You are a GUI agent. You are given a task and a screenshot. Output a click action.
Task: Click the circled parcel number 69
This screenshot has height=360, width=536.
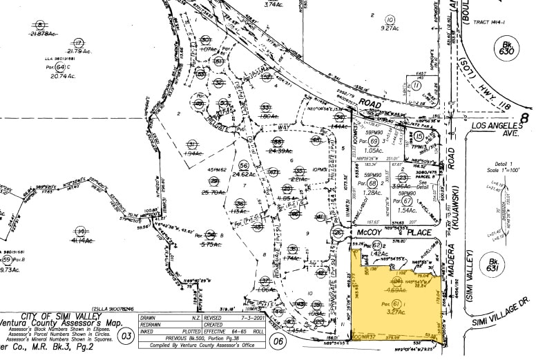click(x=375, y=141)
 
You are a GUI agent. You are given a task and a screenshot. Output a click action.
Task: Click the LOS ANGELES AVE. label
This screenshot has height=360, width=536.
click(x=494, y=131)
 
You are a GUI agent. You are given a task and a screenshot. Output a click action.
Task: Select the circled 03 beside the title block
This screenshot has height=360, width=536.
click(x=126, y=337)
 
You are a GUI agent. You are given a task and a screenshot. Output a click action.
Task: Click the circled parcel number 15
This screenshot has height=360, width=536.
click(x=419, y=137)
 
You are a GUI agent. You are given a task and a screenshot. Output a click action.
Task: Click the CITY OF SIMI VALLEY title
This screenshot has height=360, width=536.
click(x=63, y=316)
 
